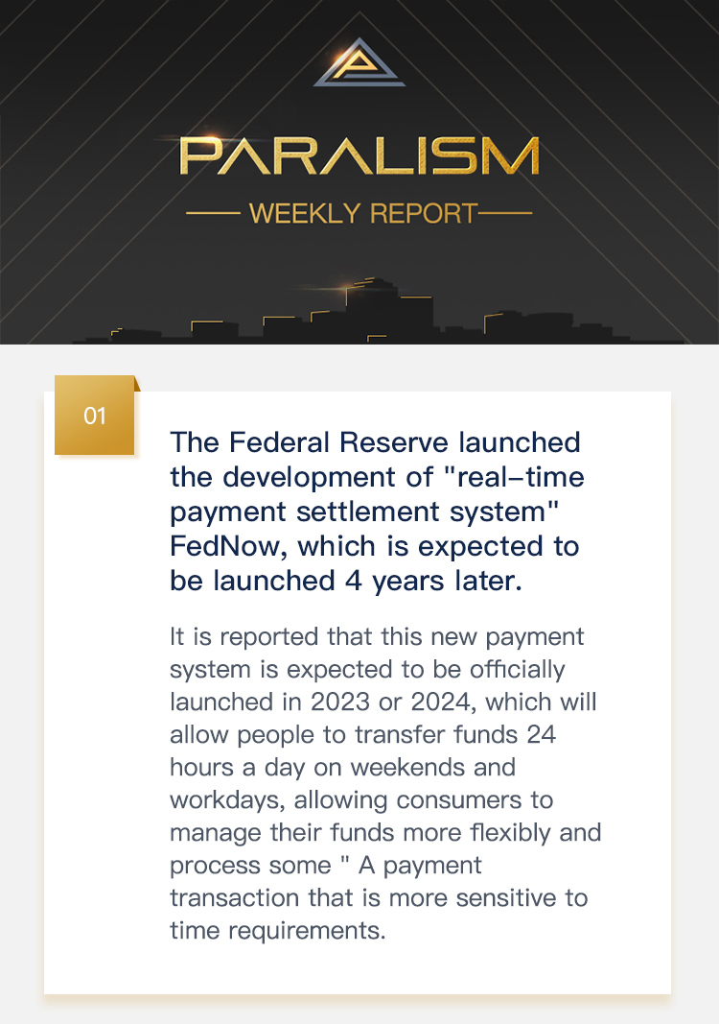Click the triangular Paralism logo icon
(359, 63)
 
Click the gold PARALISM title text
(359, 155)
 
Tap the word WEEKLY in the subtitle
(305, 214)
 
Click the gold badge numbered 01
(95, 416)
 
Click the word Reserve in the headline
(394, 442)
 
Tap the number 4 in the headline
(354, 581)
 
